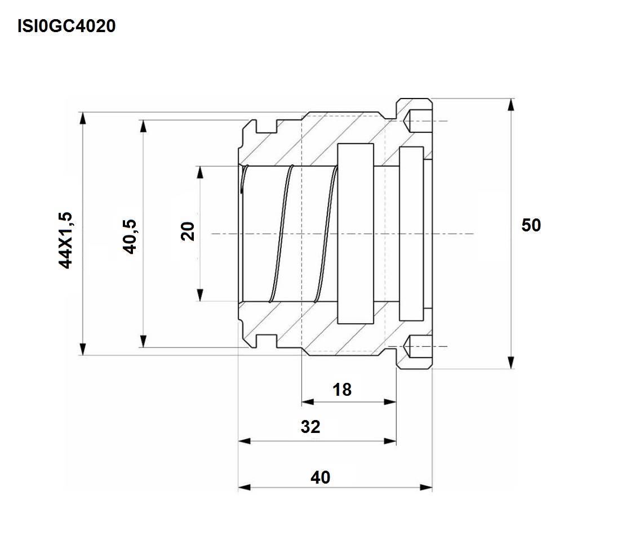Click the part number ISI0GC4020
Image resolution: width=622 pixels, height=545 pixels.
click(x=66, y=26)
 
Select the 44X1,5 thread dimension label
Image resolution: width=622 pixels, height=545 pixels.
click(x=65, y=240)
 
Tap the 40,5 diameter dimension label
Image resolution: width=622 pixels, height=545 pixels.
click(x=130, y=236)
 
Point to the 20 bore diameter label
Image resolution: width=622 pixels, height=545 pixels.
click(x=188, y=231)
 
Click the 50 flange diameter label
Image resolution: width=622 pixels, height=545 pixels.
click(x=531, y=225)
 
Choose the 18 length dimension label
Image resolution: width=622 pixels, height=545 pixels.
click(x=342, y=390)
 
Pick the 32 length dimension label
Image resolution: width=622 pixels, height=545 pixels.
click(x=310, y=427)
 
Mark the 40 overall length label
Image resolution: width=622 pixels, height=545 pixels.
click(x=320, y=477)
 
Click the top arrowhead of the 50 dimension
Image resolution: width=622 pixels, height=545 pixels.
click(x=512, y=105)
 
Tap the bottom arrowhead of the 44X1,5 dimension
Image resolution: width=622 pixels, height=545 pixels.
click(x=82, y=349)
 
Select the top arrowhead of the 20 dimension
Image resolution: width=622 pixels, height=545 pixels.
click(x=200, y=172)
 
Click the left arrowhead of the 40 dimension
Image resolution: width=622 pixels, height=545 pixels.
click(x=245, y=487)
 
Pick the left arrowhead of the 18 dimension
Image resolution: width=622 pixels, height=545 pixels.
click(x=308, y=402)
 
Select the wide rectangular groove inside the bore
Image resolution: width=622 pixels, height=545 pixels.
click(x=356, y=234)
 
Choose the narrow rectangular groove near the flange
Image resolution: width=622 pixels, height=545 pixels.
click(x=411, y=234)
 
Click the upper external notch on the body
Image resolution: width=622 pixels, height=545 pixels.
click(x=266, y=126)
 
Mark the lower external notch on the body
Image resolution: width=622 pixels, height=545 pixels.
click(x=266, y=341)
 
